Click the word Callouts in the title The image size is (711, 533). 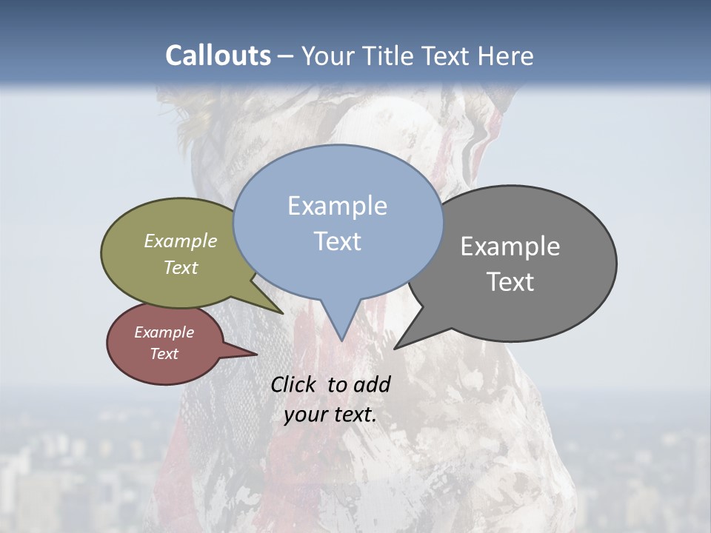tap(218, 56)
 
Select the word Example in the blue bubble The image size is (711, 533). tap(337, 206)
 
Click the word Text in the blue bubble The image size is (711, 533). tap(337, 241)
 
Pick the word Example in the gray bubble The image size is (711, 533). tap(510, 247)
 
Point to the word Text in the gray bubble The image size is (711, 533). tap(510, 282)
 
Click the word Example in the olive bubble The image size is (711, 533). tap(181, 241)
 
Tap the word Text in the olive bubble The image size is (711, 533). tap(181, 267)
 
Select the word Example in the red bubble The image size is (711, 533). tap(164, 332)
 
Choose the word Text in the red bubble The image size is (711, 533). tap(164, 354)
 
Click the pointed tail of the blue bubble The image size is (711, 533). tap(341, 338)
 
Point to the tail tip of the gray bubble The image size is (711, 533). tap(396, 347)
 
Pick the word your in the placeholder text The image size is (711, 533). tap(304, 414)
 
